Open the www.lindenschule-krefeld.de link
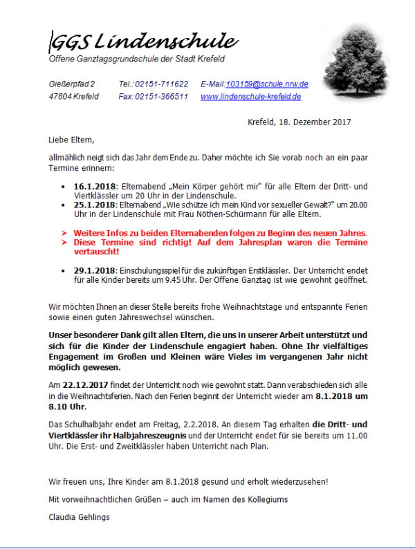(x=250, y=97)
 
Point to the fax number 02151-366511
(x=161, y=97)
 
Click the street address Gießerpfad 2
(x=72, y=84)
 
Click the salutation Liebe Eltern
(x=71, y=140)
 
